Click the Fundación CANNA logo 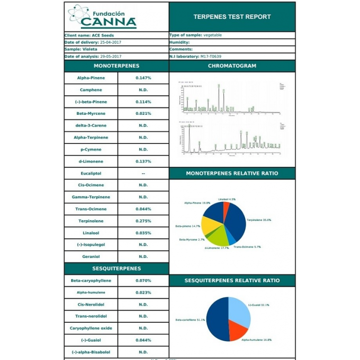coord(102,16)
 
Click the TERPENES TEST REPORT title coord(232,17)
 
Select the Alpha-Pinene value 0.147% coord(143,78)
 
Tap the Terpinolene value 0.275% coord(143,221)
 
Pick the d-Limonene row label coord(91,161)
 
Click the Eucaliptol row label coord(91,173)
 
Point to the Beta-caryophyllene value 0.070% coord(143,280)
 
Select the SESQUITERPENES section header coord(117,269)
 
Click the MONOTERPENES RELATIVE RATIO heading coord(232,173)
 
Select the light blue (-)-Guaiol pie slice coord(239,310)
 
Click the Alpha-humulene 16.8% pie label coord(256,340)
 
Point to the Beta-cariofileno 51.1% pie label coord(190,320)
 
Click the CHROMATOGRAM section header coord(232,66)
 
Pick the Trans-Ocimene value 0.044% coord(143,209)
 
